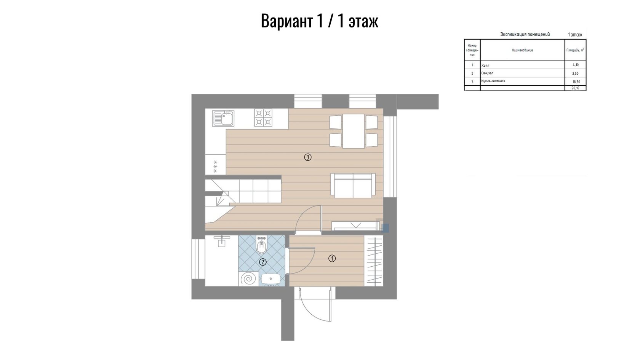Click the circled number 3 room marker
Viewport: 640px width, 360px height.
tap(307, 157)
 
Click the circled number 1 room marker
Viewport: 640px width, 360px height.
tap(332, 259)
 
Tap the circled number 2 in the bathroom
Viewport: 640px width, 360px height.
tap(262, 262)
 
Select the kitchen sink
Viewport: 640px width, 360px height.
tap(223, 118)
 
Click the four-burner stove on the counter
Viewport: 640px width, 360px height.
tap(263, 118)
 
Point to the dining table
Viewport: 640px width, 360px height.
tap(354, 131)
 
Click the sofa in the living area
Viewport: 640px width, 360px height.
tap(353, 186)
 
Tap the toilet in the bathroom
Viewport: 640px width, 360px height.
tap(261, 245)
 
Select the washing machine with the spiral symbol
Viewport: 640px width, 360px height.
tap(248, 278)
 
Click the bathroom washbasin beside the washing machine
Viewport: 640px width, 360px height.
tap(270, 279)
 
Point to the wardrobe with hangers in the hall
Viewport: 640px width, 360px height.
tap(373, 261)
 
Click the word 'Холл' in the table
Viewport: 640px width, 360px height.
tap(485, 66)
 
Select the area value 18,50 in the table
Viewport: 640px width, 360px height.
tap(576, 82)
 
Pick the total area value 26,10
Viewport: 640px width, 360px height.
tap(575, 88)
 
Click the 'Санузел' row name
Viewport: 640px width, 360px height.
tap(487, 73)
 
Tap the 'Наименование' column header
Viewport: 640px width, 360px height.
tap(522, 50)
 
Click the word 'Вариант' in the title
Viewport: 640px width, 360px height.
tap(286, 21)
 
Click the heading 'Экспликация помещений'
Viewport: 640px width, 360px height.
tap(525, 35)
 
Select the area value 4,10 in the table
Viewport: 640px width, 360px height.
tap(576, 65)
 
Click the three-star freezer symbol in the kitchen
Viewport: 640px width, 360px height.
tap(216, 166)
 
